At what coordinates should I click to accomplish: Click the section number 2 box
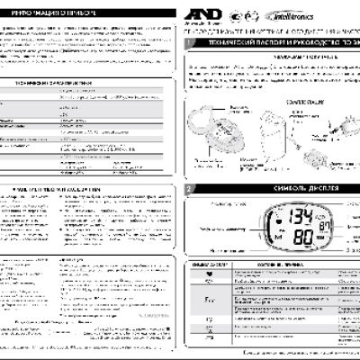188,190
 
